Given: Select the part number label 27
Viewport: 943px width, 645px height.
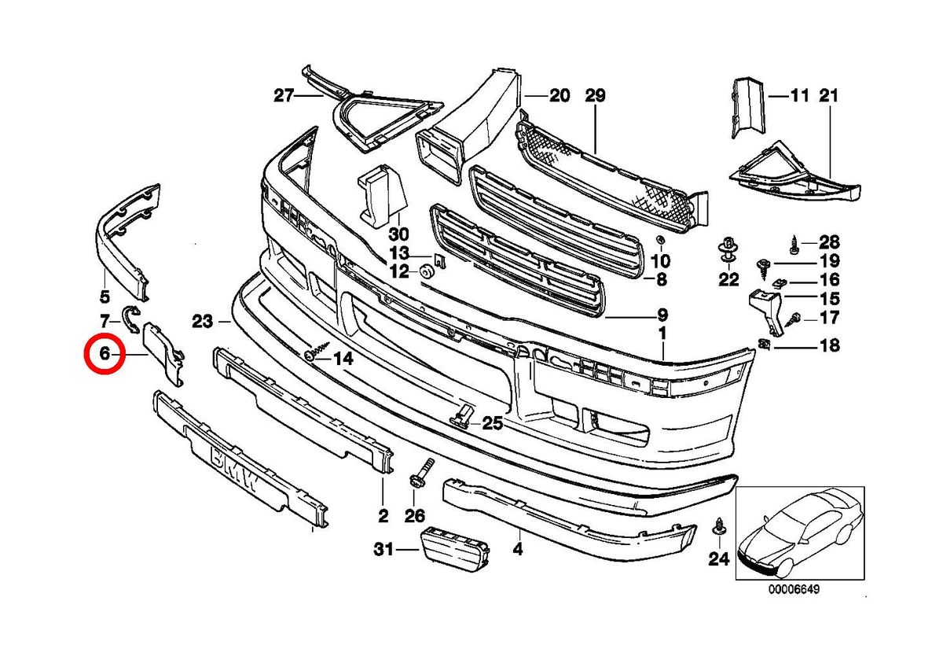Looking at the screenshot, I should (283, 97).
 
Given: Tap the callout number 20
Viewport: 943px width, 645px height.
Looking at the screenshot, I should (559, 97).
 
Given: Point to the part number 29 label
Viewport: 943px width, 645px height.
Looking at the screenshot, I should (596, 97).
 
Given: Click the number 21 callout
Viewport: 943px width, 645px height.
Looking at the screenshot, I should (829, 97).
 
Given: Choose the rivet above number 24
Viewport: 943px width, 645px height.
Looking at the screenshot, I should (718, 527).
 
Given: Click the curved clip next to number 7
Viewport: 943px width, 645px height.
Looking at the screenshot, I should (132, 317).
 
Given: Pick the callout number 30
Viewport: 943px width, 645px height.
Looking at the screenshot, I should (398, 234).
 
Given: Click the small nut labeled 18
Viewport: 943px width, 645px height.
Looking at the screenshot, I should (765, 344).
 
